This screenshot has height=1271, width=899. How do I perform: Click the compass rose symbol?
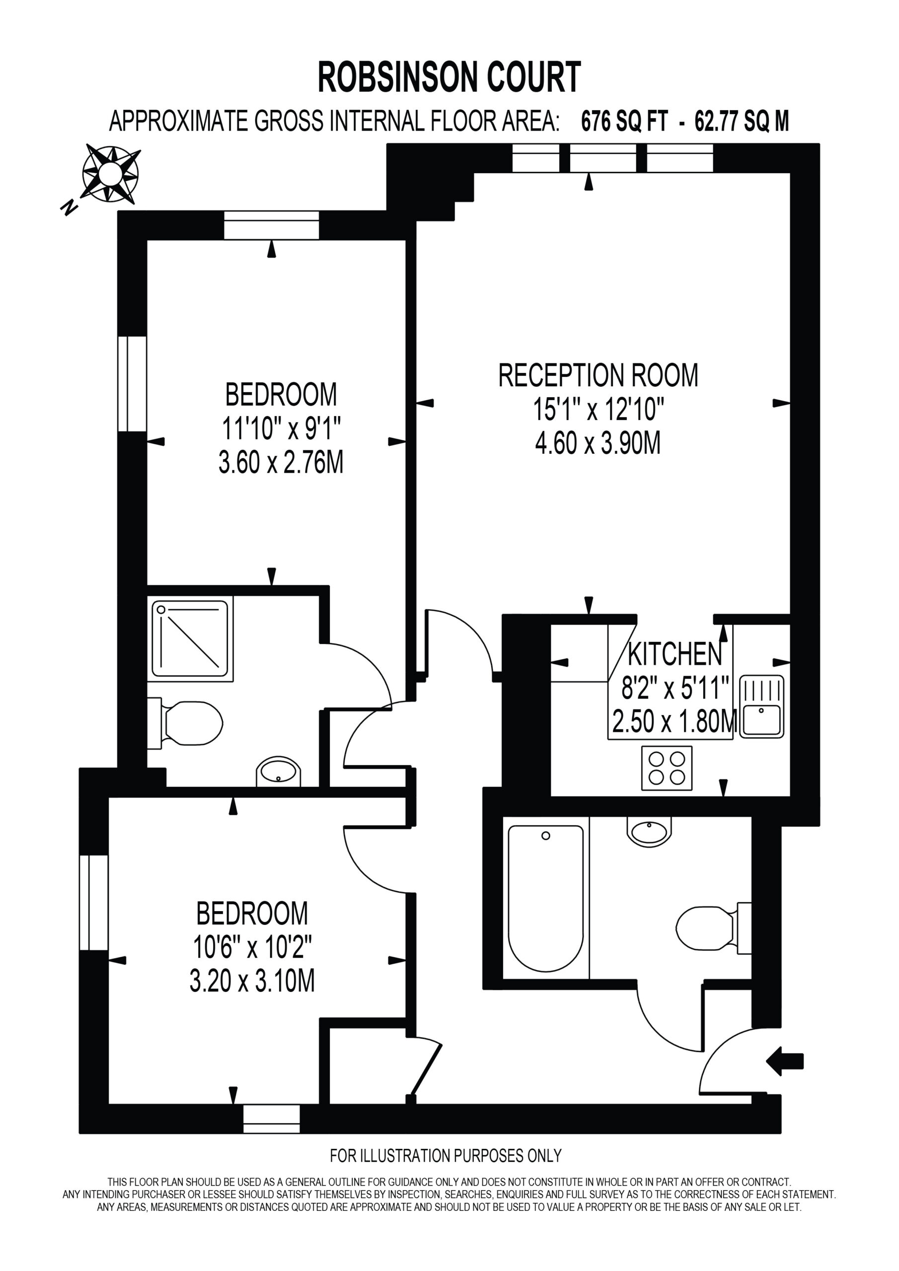[110, 173]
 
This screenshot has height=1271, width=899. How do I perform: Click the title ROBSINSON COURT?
[449, 77]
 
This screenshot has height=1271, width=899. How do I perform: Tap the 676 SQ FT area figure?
[625, 121]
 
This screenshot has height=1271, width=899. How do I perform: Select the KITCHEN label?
[674, 654]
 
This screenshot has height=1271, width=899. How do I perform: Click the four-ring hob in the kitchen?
[667, 769]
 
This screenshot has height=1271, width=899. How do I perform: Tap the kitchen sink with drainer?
[762, 706]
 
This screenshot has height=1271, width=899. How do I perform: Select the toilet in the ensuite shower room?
[185, 723]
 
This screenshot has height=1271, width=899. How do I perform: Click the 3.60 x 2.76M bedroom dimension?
[281, 462]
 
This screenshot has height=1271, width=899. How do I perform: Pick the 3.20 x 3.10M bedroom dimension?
[252, 981]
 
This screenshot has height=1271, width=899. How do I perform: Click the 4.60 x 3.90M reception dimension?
[598, 443]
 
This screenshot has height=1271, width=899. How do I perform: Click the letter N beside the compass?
[69, 208]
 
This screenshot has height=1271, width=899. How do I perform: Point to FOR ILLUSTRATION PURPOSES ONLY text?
[446, 1156]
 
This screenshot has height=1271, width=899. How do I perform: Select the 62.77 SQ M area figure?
[742, 121]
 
